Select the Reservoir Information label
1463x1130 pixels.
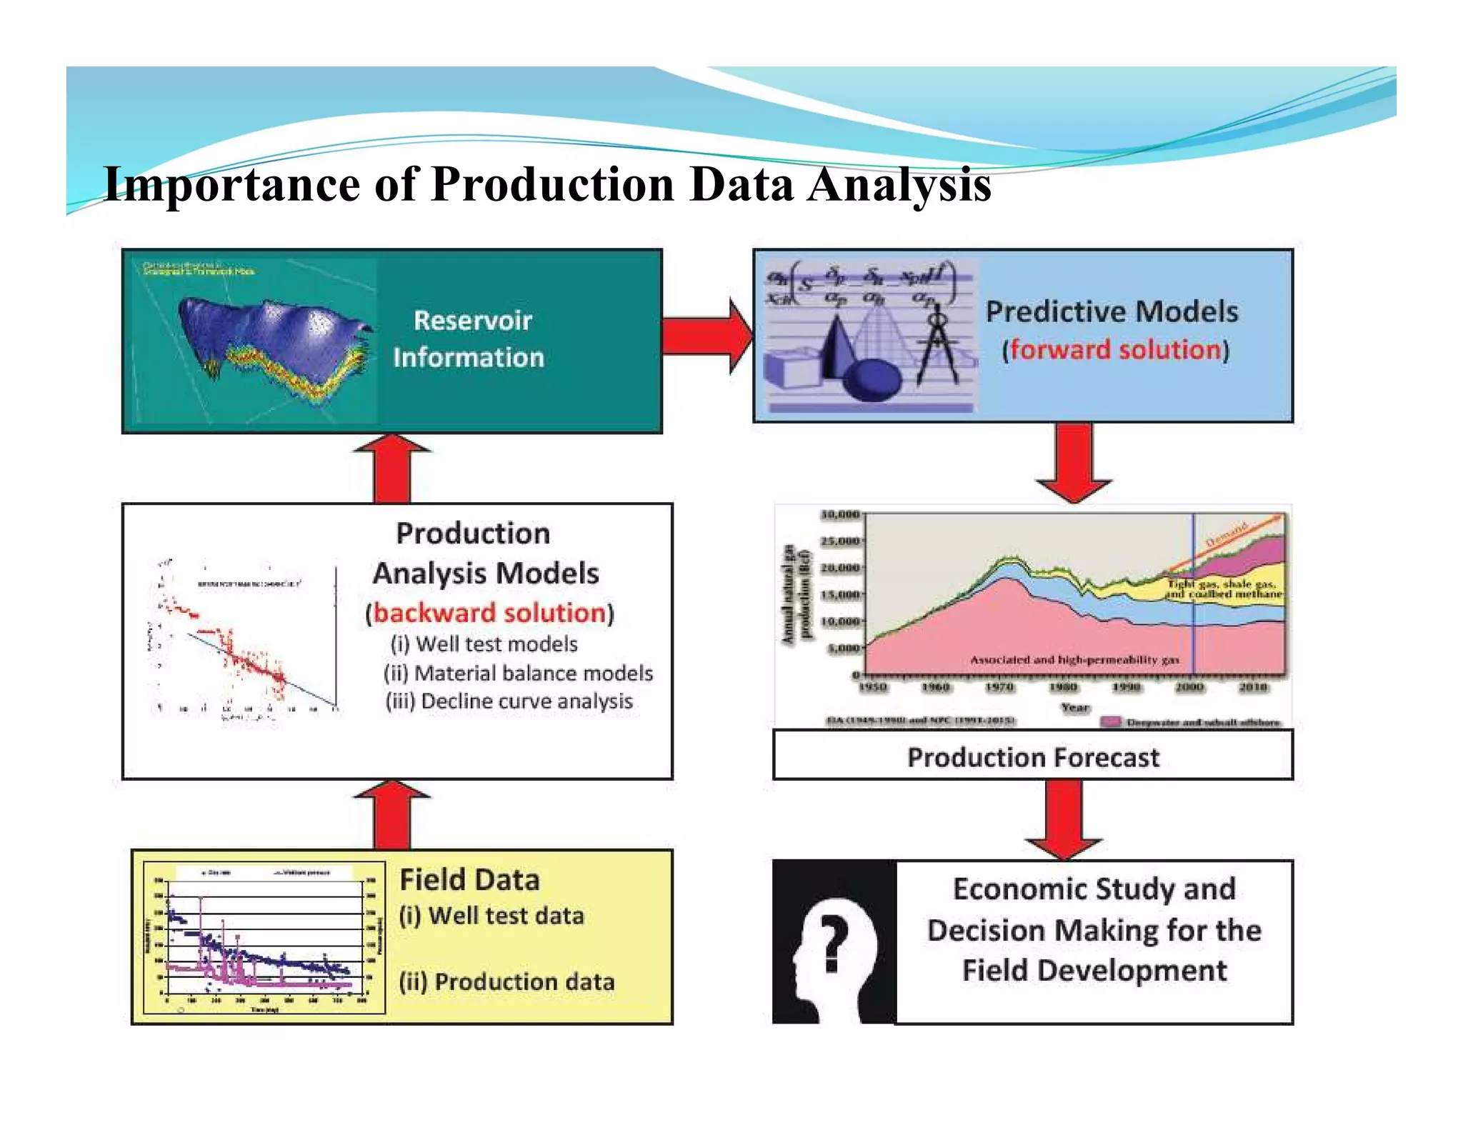click(x=471, y=339)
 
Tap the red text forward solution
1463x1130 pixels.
click(x=1114, y=350)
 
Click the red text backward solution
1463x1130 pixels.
click(x=489, y=613)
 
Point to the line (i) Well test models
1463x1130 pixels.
click(x=484, y=644)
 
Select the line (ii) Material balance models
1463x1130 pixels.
click(x=518, y=673)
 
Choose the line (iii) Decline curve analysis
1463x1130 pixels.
click(x=509, y=701)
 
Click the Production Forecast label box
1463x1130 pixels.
click(x=1032, y=757)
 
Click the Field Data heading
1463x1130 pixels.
click(x=469, y=880)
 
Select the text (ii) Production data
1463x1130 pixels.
click(x=506, y=981)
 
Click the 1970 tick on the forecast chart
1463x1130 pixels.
click(x=999, y=686)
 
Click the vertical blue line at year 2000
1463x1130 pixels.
click(x=1192, y=607)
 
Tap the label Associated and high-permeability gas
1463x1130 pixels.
click(x=1074, y=660)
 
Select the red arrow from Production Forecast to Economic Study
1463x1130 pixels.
click(x=1064, y=818)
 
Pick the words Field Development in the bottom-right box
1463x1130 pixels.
click(x=1094, y=971)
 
